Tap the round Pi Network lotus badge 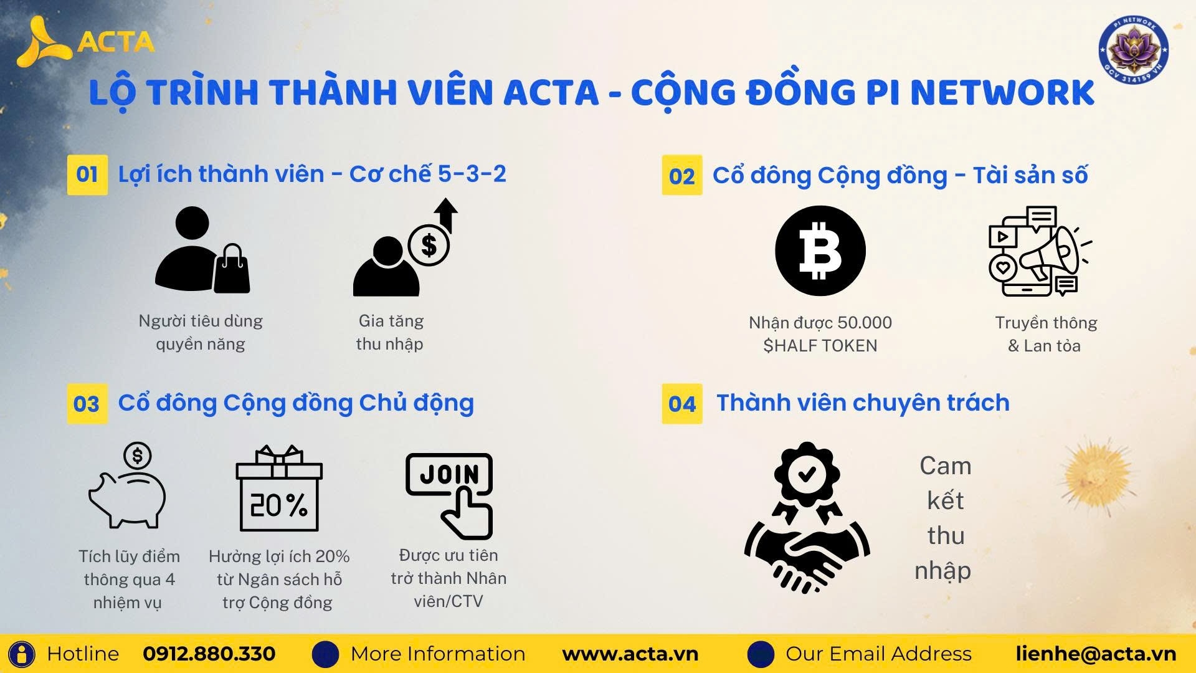pyautogui.click(x=1133, y=49)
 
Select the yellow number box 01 pyautogui.click(x=87, y=174)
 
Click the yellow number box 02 pyautogui.click(x=681, y=175)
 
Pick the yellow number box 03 pyautogui.click(x=87, y=404)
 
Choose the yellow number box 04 pyautogui.click(x=681, y=404)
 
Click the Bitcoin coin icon pyautogui.click(x=820, y=251)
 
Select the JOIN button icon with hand pyautogui.click(x=449, y=495)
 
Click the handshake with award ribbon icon pyautogui.click(x=807, y=517)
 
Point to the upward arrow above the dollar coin pyautogui.click(x=446, y=215)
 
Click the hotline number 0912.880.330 pyautogui.click(x=209, y=654)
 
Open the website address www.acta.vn pyautogui.click(x=630, y=654)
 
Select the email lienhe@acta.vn pyautogui.click(x=1096, y=654)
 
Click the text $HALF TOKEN pyautogui.click(x=820, y=346)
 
